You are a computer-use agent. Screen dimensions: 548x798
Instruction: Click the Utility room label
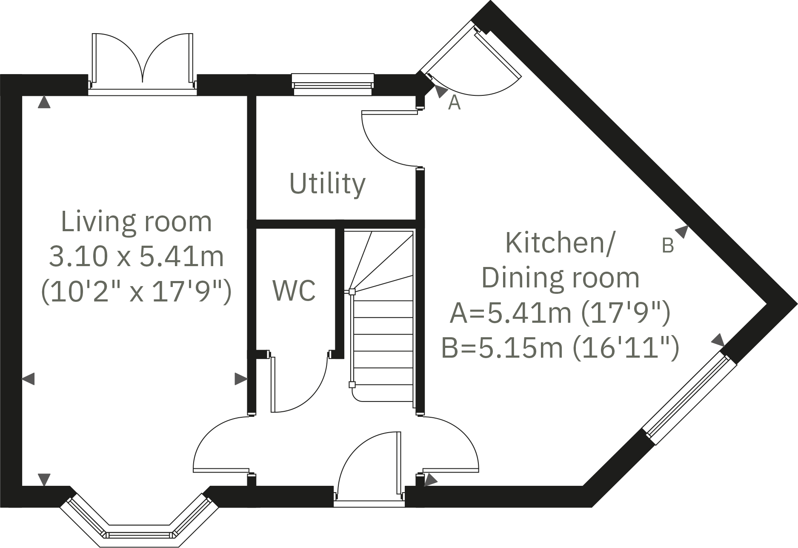327,184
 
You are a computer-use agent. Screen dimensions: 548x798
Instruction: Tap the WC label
294,290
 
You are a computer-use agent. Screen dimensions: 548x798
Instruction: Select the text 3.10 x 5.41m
136,257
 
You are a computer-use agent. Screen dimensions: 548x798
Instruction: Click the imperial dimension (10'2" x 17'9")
136,292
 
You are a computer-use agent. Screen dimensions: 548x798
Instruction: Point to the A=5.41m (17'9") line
560,313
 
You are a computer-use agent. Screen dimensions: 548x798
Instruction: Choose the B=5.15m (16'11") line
560,348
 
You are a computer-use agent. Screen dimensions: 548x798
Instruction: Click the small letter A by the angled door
454,103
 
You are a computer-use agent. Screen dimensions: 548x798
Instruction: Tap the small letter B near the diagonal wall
668,246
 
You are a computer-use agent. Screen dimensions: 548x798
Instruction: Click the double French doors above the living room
143,62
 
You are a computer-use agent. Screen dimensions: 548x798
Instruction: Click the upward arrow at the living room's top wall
44,103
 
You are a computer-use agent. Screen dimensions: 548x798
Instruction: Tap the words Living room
136,221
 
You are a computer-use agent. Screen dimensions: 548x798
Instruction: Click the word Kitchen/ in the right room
560,243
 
